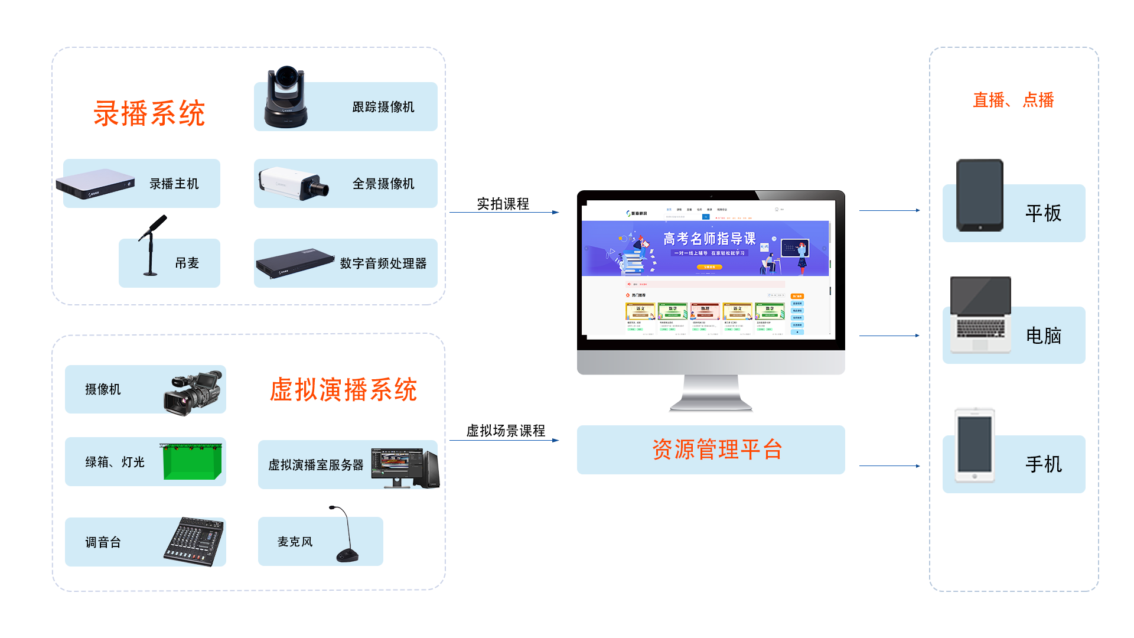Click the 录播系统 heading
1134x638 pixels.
149,113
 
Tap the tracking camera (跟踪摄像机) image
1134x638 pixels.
286,97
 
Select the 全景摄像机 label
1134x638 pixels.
383,184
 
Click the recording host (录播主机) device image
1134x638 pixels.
96,184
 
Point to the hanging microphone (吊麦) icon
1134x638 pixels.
152,245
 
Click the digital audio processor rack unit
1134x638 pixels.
295,262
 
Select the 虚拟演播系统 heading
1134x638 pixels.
343,390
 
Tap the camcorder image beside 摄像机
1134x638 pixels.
193,392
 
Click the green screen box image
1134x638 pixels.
191,461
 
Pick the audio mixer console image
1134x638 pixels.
194,541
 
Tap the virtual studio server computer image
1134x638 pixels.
406,467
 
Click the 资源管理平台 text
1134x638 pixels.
717,450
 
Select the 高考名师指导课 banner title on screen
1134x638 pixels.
709,239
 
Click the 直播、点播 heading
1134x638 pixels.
1013,100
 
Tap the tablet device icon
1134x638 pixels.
980,195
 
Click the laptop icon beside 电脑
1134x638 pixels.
980,315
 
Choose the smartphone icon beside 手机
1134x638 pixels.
975,445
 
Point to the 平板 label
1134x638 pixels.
1043,213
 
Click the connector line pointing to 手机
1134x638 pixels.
889,466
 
